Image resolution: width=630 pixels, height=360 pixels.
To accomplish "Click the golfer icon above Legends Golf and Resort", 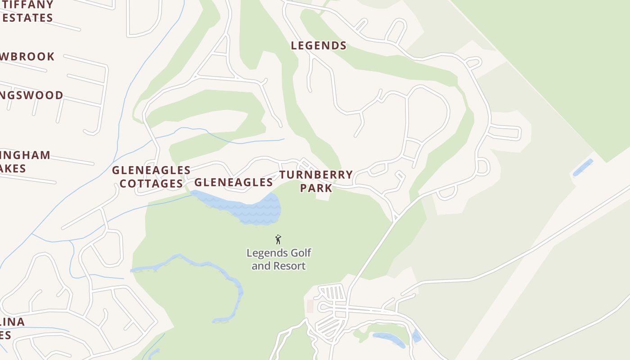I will pyautogui.click(x=278, y=239).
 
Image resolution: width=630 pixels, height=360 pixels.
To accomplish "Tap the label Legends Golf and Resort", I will pyautogui.click(x=279, y=259).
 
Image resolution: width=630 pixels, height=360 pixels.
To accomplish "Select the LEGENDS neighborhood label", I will pyautogui.click(x=319, y=45).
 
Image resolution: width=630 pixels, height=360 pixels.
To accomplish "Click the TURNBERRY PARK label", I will pyautogui.click(x=316, y=181).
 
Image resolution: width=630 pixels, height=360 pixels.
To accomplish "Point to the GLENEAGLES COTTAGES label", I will pyautogui.click(x=151, y=176).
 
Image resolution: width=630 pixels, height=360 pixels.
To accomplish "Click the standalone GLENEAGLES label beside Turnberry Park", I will pyautogui.click(x=233, y=182).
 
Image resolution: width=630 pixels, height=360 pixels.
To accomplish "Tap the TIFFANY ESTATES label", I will pyautogui.click(x=27, y=12).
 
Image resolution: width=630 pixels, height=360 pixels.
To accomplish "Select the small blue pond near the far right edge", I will pyautogui.click(x=583, y=167).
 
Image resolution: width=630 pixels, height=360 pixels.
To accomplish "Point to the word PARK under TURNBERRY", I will pyautogui.click(x=316, y=188).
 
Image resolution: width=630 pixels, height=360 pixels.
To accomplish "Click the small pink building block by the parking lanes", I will pyautogui.click(x=310, y=306).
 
